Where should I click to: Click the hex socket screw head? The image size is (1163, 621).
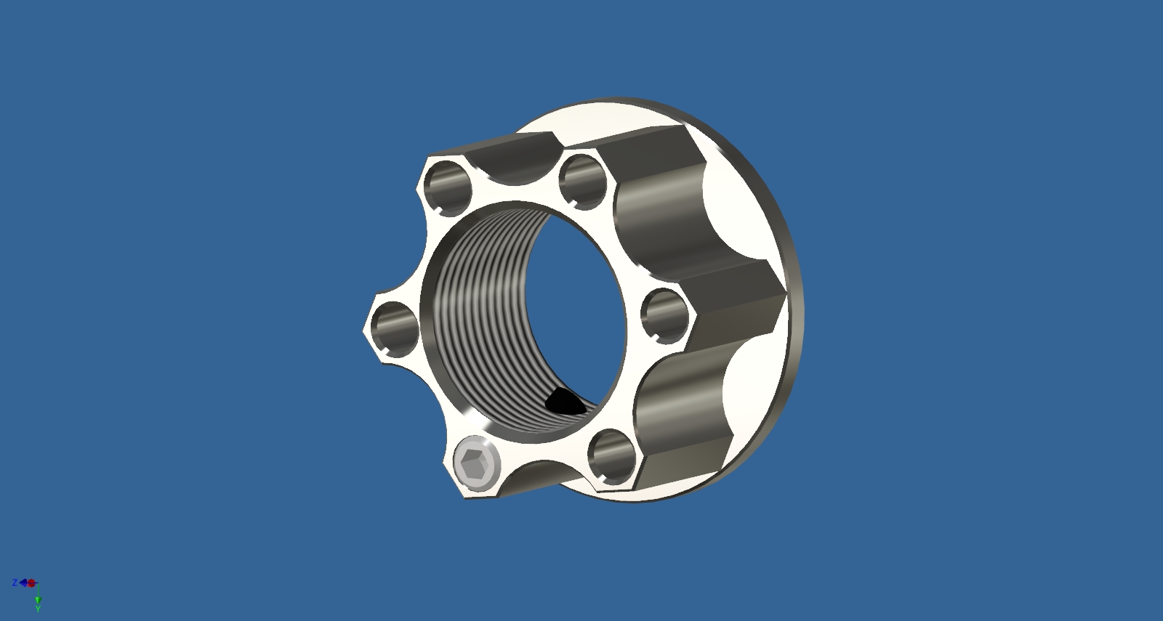[x=477, y=463]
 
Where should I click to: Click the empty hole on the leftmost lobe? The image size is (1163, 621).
[x=395, y=330]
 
